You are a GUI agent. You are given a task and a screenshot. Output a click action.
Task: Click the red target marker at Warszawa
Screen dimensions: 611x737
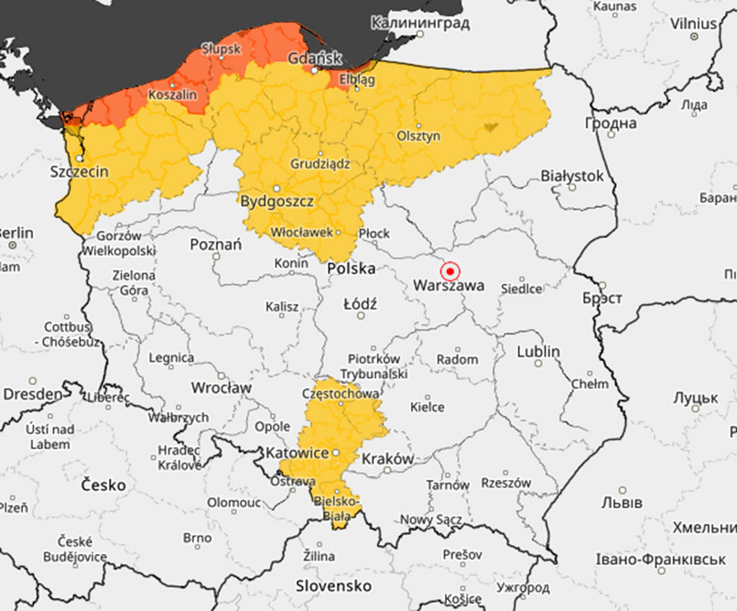[450, 271]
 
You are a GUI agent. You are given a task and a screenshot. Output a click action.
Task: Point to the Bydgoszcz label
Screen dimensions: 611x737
[276, 201]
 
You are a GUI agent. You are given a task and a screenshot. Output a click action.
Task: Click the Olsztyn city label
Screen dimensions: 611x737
[418, 136]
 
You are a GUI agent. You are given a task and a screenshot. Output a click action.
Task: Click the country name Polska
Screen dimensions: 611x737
[352, 268]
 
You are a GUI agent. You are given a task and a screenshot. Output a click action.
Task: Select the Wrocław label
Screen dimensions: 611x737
[221, 387]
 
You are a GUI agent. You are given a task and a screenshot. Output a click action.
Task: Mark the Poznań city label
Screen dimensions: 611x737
[215, 245]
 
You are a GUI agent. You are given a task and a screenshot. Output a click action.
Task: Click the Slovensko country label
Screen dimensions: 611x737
[332, 585]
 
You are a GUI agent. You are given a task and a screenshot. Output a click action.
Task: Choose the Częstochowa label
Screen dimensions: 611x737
[340, 394]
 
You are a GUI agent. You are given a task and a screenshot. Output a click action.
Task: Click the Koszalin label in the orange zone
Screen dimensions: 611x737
[173, 94]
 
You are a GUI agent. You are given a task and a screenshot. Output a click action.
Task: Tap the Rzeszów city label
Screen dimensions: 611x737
[504, 483]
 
